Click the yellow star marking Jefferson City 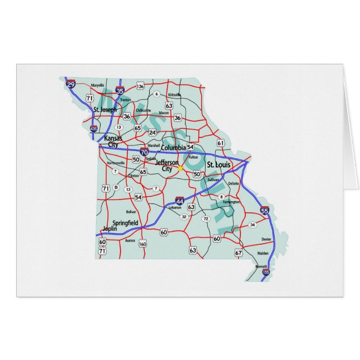tap(180, 167)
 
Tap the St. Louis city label tap(219, 165)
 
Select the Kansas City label tap(113, 140)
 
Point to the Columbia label tap(173, 148)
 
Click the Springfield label tap(125, 222)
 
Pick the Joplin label tap(112, 229)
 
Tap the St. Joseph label tap(105, 110)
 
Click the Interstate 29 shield tap(70, 84)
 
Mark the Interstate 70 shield tap(144, 151)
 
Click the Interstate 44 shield tap(179, 200)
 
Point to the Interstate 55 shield tap(264, 211)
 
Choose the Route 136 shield tap(140, 87)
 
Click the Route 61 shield tap(220, 143)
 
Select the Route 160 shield tap(143, 243)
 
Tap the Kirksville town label tap(174, 95)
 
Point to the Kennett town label tap(261, 266)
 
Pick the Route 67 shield tap(239, 253)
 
